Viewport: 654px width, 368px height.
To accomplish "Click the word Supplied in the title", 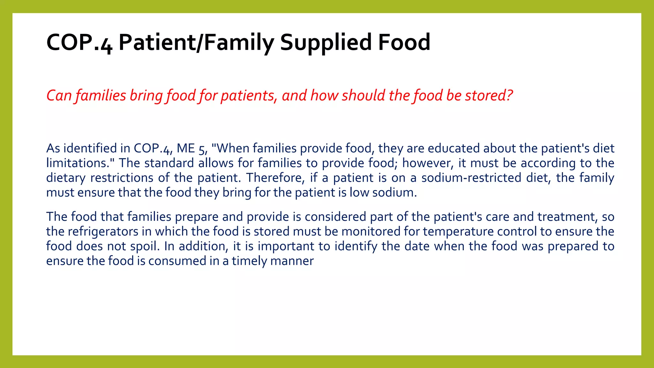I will pyautogui.click(x=326, y=42).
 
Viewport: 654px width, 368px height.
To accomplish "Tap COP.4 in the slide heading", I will pyautogui.click(x=79, y=42).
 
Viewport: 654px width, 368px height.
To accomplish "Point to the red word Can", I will pyautogui.click(x=59, y=95).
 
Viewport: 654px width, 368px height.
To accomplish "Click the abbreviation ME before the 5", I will pyautogui.click(x=186, y=148).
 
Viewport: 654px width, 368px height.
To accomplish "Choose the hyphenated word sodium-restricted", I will pyautogui.click(x=471, y=178).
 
